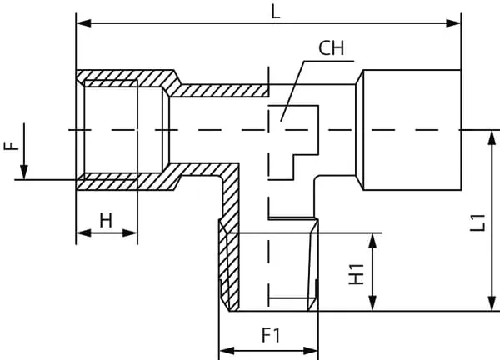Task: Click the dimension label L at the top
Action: coord(276,12)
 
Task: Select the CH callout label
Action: coord(331,47)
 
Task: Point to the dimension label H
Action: coord(105,220)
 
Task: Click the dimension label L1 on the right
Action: coord(477,222)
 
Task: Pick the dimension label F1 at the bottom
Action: coord(270,336)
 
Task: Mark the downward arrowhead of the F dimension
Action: coord(25,172)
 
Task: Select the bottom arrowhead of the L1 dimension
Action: coord(487,305)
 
